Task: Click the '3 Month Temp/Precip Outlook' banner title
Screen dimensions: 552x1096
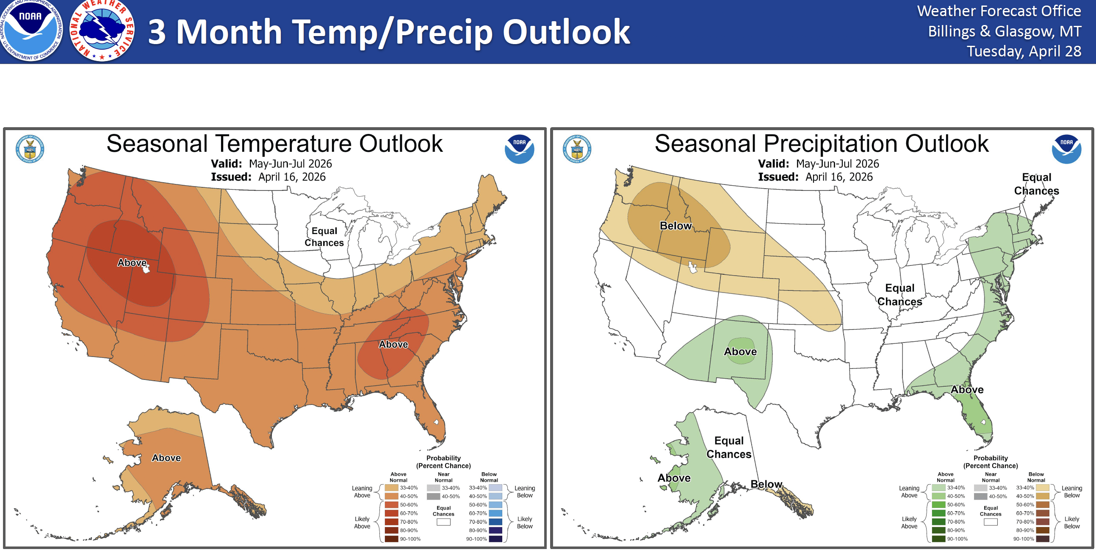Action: coord(388,32)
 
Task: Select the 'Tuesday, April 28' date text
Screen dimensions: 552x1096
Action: coord(1024,51)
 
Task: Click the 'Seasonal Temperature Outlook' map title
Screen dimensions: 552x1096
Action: coord(274,144)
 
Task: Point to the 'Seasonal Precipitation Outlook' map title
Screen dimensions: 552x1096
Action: coord(821,144)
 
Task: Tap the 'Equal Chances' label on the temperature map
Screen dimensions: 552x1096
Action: coord(324,237)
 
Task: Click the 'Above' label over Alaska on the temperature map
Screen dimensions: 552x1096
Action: coord(166,458)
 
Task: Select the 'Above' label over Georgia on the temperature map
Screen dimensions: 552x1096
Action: coord(393,344)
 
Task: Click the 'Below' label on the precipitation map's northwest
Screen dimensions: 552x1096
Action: coord(675,226)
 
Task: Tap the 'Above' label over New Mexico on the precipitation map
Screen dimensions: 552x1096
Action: coord(740,351)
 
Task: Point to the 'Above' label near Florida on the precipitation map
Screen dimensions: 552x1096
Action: coord(967,390)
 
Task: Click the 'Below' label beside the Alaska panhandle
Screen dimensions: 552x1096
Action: coord(766,484)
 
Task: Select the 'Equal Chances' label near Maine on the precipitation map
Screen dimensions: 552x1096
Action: coord(1036,184)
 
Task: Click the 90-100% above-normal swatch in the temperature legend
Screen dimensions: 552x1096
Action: coord(391,539)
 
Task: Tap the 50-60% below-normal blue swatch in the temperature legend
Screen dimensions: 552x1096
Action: coord(495,505)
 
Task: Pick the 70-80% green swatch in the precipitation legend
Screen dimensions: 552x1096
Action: coord(938,522)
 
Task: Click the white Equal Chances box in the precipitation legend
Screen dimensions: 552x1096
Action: coord(991,522)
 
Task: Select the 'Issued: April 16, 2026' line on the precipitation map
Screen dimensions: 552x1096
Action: coord(815,177)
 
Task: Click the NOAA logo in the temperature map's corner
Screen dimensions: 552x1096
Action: coord(519,149)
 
